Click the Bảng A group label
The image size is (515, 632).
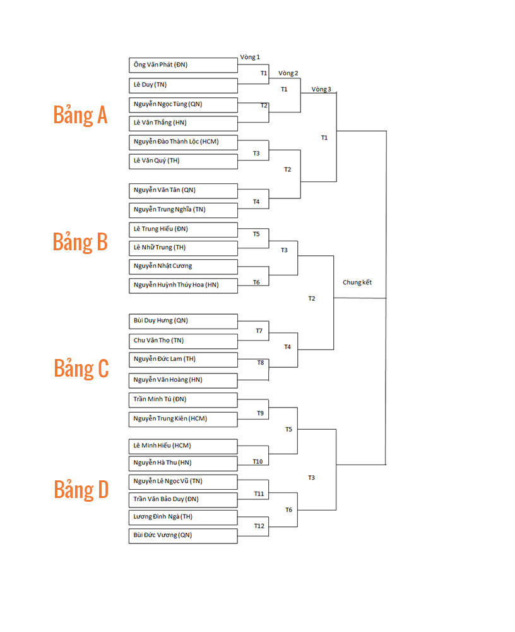pyautogui.click(x=81, y=115)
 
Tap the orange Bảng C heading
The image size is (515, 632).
pyautogui.click(x=81, y=368)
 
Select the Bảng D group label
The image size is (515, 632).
pyautogui.click(x=81, y=490)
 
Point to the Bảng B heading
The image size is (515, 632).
pyautogui.click(x=80, y=242)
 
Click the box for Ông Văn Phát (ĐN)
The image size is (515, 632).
pyautogui.click(x=183, y=65)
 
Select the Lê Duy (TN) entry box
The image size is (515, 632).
pyautogui.click(x=183, y=85)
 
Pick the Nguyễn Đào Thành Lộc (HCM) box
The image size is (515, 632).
pyautogui.click(x=183, y=142)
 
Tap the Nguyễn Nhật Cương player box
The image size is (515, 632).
pyautogui.click(x=183, y=267)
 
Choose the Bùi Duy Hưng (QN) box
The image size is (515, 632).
pyautogui.click(x=183, y=321)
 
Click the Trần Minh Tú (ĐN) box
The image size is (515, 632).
pyautogui.click(x=183, y=400)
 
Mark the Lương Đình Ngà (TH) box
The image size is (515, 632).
pyautogui.click(x=183, y=517)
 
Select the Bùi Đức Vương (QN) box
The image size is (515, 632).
pyautogui.click(x=183, y=536)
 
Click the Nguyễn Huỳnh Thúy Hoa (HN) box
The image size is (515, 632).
pyautogui.click(x=183, y=286)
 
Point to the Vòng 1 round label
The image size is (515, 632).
pyautogui.click(x=250, y=58)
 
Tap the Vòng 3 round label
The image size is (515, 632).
pyautogui.click(x=321, y=90)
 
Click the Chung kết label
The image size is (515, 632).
pyautogui.click(x=357, y=282)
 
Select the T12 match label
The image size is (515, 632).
pyautogui.click(x=259, y=526)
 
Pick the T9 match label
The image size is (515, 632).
pyautogui.click(x=261, y=413)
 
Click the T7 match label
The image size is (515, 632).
pyautogui.click(x=259, y=331)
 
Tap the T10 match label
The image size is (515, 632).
pyautogui.click(x=257, y=461)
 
